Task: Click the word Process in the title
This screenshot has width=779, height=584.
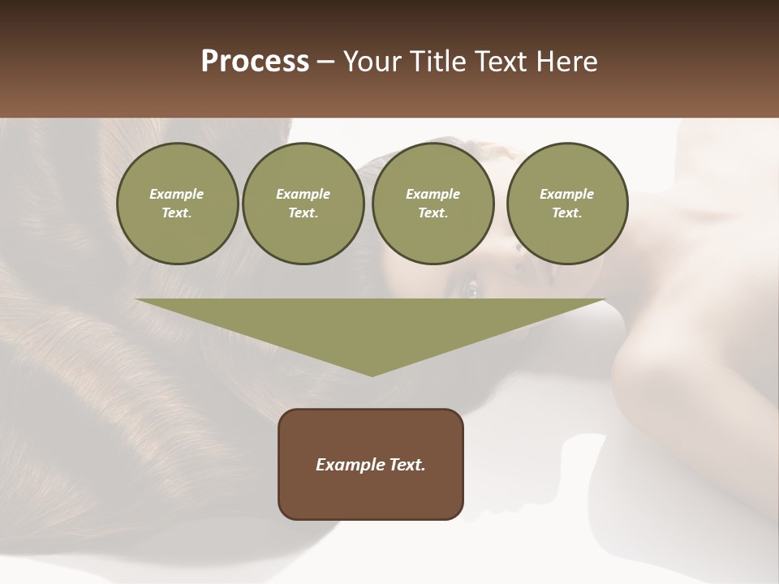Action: [255, 62]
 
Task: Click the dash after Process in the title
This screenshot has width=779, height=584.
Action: [325, 62]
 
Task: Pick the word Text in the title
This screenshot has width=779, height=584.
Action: [499, 62]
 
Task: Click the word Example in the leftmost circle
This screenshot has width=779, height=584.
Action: [177, 194]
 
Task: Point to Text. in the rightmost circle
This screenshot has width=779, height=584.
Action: [567, 213]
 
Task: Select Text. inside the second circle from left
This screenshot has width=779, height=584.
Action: [303, 213]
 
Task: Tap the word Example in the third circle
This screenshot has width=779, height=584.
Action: [433, 194]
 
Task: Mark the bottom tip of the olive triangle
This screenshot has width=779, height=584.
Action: [372, 375]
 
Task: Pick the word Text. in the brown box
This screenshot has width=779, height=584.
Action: [405, 465]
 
